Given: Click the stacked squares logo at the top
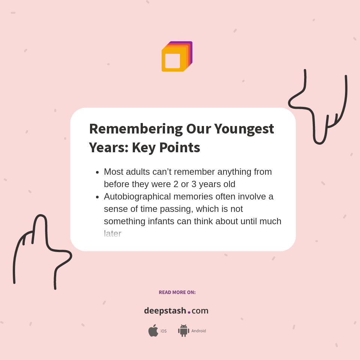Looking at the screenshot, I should click(x=177, y=57).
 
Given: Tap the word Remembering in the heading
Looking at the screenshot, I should click(x=135, y=129).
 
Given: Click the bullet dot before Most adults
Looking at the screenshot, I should click(x=97, y=172).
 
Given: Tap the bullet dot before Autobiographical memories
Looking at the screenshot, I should click(x=97, y=197).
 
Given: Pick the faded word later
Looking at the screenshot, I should click(x=112, y=234).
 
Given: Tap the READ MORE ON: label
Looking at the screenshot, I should click(x=177, y=292).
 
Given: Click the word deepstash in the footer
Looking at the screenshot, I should click(x=165, y=311).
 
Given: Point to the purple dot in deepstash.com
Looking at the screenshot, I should click(x=189, y=312).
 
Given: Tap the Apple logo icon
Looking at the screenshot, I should click(x=153, y=331).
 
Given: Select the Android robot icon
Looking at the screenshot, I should click(x=183, y=331).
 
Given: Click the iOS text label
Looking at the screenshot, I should click(x=163, y=331).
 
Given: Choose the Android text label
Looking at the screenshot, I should click(x=198, y=331).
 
